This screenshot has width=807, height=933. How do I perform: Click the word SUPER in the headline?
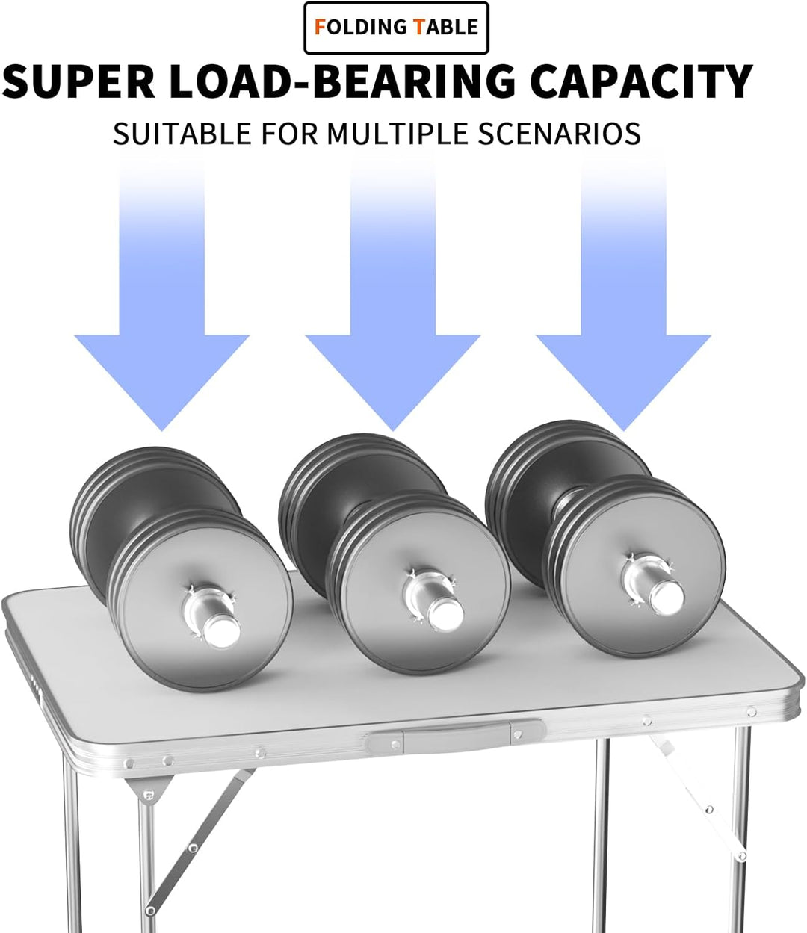pos(79,81)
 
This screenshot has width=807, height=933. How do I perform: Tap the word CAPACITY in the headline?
pos(641,81)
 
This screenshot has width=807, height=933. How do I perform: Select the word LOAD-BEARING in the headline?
pos(342,81)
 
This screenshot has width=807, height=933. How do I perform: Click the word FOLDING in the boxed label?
pos(360,28)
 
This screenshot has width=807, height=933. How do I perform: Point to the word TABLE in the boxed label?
pos(446,28)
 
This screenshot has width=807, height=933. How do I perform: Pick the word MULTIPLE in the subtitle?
pos(398,134)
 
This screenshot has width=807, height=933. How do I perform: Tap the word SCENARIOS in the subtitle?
pos(559,134)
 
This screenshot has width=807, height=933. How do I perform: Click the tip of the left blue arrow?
pos(161,430)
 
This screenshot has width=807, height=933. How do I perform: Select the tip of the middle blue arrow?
pos(393,430)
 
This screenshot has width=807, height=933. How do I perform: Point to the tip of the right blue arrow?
pos(624,430)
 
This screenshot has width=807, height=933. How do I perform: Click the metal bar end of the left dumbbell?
pos(220,632)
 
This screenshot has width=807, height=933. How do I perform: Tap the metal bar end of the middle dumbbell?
pos(445,614)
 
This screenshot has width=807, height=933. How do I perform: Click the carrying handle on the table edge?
pos(456,740)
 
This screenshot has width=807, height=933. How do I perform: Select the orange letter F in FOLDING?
pos(320,28)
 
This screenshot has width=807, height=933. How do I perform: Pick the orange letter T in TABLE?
pos(419,28)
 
